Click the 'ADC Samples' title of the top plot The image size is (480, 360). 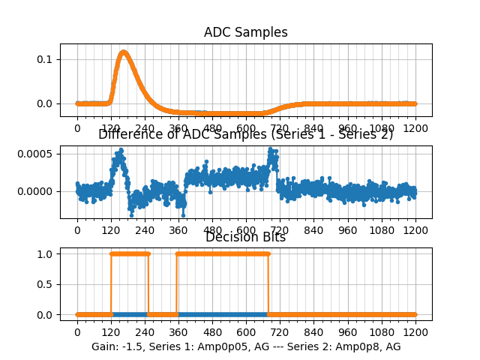coord(246,32)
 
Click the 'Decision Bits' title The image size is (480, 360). coord(246,237)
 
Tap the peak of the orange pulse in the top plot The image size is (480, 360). coord(123,52)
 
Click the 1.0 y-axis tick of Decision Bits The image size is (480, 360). coord(47,253)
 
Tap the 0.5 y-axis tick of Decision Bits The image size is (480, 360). coord(47,284)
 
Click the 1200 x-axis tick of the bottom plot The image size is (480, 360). coord(415,332)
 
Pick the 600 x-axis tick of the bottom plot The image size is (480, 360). coord(246,332)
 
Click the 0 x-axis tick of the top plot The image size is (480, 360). coord(77,127)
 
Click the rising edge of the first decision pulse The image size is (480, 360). coord(111,284)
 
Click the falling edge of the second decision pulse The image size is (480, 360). coord(268,284)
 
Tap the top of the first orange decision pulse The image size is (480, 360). coord(130,253)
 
